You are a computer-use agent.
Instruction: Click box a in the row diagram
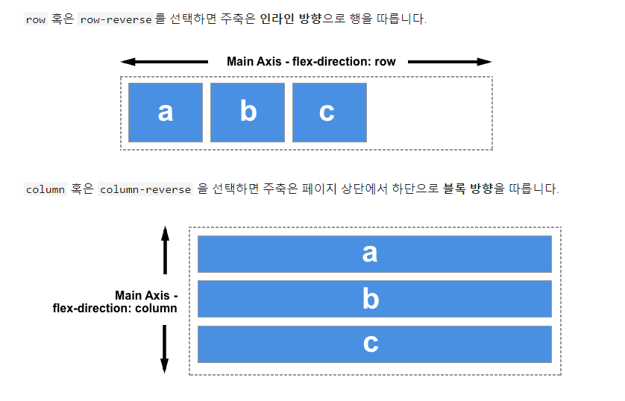[166, 112]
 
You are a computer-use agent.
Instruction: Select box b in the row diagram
[248, 112]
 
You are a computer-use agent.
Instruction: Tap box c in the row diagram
[330, 112]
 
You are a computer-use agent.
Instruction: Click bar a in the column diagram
[374, 253]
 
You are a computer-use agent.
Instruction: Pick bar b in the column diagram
[374, 299]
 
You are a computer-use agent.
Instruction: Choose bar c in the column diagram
[374, 344]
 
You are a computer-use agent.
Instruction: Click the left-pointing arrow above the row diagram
[164, 62]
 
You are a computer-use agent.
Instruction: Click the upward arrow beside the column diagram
[165, 250]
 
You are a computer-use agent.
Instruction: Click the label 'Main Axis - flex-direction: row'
[311, 62]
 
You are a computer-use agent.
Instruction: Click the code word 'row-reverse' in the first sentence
[115, 19]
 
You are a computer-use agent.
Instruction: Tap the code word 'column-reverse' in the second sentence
[145, 189]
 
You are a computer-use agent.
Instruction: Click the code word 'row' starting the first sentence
[35, 19]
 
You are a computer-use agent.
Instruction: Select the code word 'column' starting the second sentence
[45, 189]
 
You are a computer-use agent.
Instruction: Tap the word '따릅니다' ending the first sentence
[403, 19]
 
